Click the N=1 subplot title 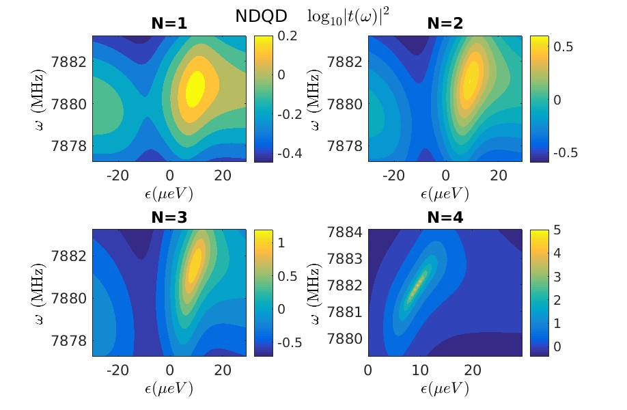pos(169,24)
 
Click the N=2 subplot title pos(445,24)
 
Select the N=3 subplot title pos(169,218)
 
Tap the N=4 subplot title pos(445,218)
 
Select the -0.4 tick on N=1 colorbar pos(288,153)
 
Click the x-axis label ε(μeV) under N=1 pos(169,194)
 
